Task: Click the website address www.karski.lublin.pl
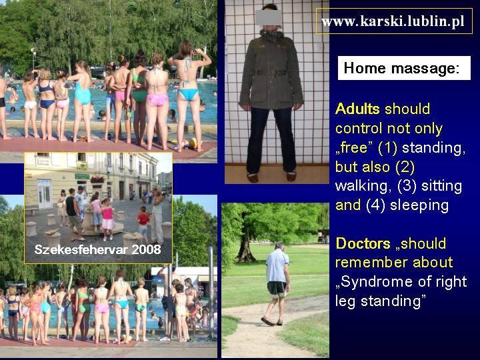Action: (393, 21)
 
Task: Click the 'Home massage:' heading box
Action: (404, 68)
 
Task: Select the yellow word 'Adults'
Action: (357, 109)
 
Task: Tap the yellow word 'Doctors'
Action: (363, 244)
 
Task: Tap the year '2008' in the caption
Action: (146, 250)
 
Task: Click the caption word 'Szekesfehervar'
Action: (81, 250)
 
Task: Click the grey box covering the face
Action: (268, 17)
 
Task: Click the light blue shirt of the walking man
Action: (277, 265)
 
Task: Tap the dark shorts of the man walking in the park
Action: (277, 289)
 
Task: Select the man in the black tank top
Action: (73, 214)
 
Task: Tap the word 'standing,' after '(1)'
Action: (434, 148)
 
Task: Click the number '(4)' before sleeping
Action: (375, 206)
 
